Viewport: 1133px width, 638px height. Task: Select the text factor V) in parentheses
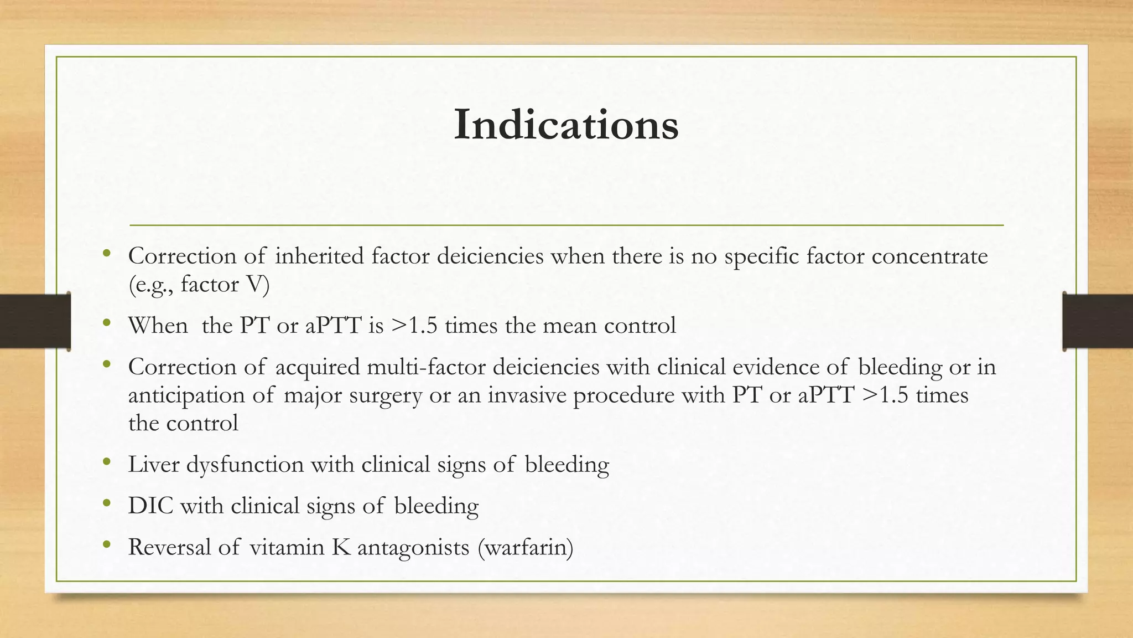coord(225,285)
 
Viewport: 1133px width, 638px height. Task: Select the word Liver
coord(154,464)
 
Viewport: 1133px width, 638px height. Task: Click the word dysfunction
coord(245,464)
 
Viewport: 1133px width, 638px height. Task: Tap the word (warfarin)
coord(525,547)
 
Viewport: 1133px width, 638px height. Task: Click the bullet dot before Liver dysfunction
coord(107,461)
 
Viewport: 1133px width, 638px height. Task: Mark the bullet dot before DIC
coord(107,503)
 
